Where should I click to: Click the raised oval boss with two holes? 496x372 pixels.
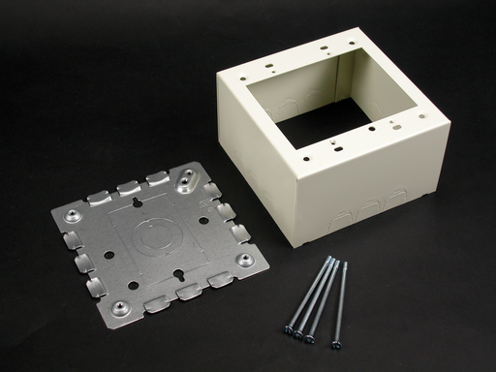(x=190, y=184)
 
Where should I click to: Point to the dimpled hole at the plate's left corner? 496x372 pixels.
(x=74, y=211)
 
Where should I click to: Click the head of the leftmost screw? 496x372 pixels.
(x=289, y=330)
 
